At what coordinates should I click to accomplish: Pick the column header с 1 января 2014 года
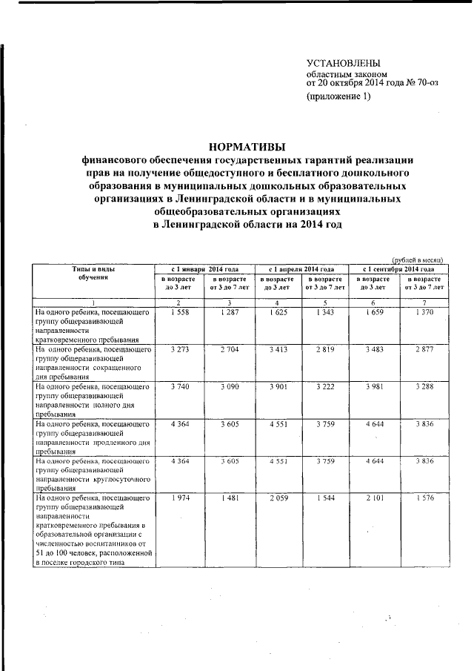204,268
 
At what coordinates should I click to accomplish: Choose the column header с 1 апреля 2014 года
302,268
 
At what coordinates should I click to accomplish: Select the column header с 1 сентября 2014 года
398,268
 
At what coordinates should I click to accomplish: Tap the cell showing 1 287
229,313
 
